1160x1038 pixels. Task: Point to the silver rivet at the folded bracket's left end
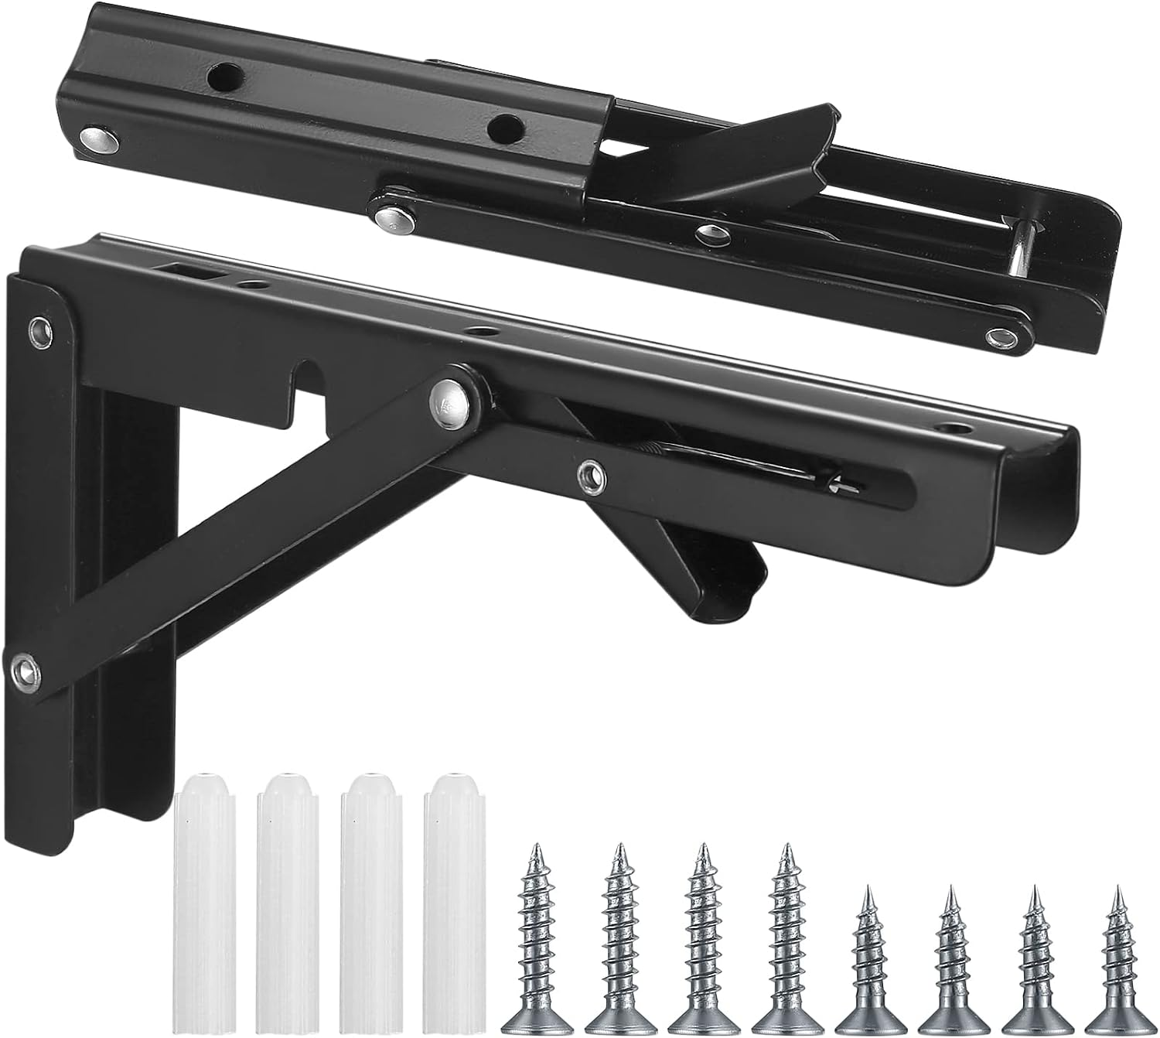97,139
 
